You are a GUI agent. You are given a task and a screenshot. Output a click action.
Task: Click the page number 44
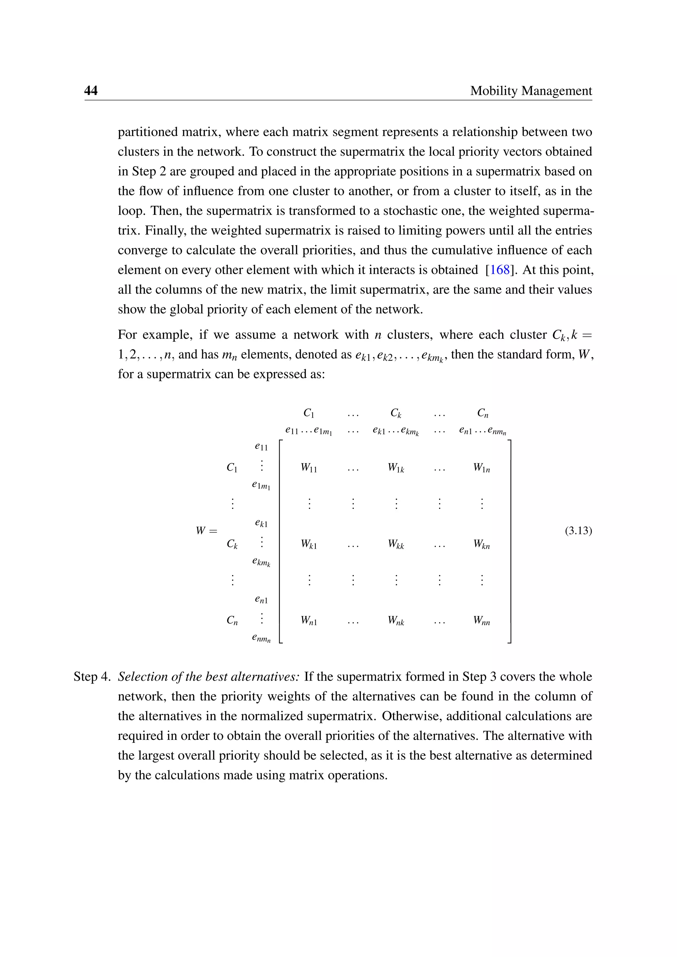[x=91, y=91]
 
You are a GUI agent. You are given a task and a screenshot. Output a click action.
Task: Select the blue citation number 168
[x=499, y=270]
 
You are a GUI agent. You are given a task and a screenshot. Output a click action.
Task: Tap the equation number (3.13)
[x=578, y=531]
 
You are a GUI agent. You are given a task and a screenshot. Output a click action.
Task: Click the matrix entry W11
[x=309, y=468]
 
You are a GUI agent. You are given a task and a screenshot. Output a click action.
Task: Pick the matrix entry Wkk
[x=396, y=544]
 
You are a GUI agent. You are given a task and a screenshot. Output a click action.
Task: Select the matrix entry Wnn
[x=482, y=621]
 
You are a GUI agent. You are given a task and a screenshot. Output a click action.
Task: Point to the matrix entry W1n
[x=482, y=468]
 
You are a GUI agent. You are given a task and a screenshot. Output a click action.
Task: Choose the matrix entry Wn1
[x=309, y=621]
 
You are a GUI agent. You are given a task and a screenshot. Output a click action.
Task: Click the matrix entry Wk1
[x=309, y=544]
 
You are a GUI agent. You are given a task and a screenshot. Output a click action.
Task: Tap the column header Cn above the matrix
[x=483, y=413]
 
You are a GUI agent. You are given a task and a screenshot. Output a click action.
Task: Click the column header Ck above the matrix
[x=396, y=413]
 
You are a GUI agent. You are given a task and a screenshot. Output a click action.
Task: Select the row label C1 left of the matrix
[x=232, y=468]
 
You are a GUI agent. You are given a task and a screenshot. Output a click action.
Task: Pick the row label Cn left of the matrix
[x=232, y=621]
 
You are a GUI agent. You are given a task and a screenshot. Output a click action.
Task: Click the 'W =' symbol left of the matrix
[x=207, y=531]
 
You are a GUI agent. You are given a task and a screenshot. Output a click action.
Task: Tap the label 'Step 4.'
[x=92, y=676]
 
